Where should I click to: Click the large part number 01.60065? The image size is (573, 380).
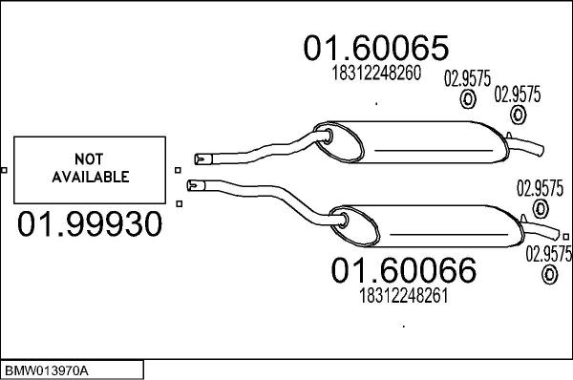tap(376, 49)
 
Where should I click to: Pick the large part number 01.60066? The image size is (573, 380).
tap(403, 272)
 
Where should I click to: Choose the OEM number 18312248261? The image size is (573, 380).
tap(403, 297)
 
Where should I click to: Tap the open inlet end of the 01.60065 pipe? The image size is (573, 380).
tap(199, 158)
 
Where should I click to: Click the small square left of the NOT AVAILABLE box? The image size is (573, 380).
tap(5, 171)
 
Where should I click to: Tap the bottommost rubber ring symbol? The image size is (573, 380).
tap(549, 276)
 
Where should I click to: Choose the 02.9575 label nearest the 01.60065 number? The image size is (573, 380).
tap(468, 80)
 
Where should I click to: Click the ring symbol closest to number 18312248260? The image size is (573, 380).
tap(469, 102)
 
